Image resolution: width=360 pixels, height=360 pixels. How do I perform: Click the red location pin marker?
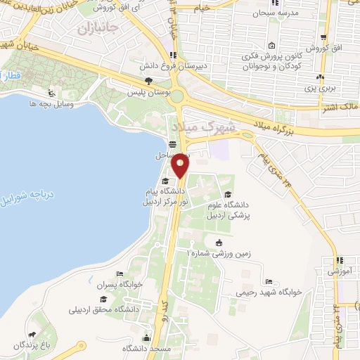tap(181, 166)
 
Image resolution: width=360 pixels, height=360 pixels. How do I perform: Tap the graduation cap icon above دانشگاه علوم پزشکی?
tap(226, 195)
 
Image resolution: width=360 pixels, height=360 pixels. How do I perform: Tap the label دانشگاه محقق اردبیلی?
tap(105, 309)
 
